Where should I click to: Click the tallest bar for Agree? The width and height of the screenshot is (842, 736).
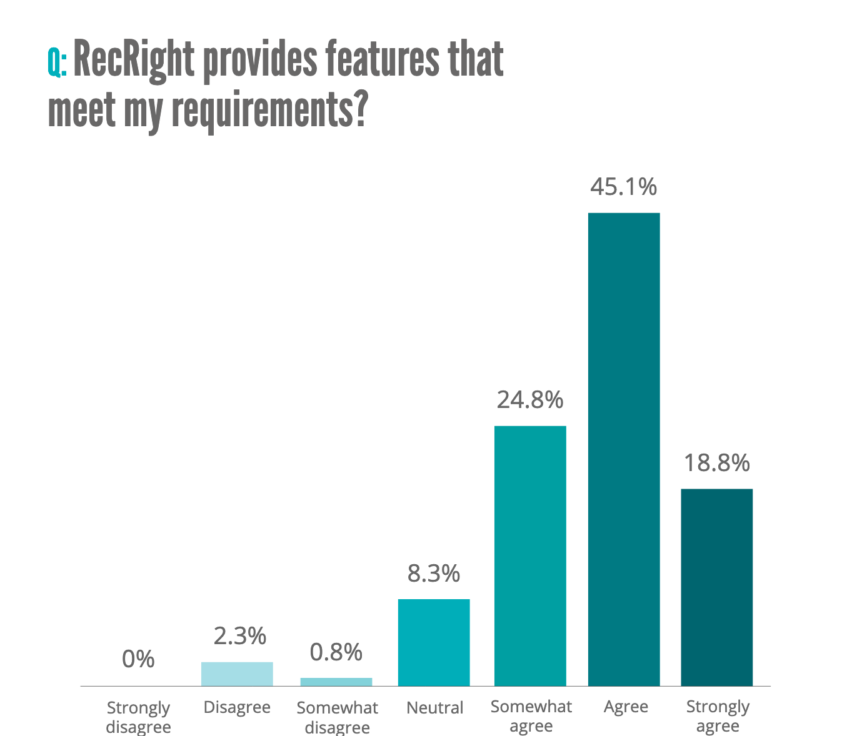(x=624, y=449)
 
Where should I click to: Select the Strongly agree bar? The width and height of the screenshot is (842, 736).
(x=716, y=587)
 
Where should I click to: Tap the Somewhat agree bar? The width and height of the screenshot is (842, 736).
(x=530, y=555)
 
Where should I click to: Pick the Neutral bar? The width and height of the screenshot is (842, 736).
(x=434, y=642)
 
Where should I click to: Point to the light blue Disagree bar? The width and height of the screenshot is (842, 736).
(x=237, y=674)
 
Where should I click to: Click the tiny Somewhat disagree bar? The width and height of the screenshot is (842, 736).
(x=336, y=682)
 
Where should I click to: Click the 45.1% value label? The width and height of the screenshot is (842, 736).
(x=624, y=186)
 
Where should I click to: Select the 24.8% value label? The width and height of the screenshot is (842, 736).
(x=530, y=399)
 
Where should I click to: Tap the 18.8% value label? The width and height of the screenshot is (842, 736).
(x=716, y=463)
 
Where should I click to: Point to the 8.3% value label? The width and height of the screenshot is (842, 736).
(x=434, y=573)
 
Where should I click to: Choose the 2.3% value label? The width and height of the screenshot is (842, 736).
(x=239, y=636)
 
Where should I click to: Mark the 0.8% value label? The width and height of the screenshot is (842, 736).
(x=336, y=652)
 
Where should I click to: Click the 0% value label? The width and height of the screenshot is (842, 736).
(x=138, y=659)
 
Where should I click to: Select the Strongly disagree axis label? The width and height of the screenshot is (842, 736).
(x=138, y=717)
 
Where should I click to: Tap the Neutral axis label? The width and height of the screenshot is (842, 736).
(x=434, y=708)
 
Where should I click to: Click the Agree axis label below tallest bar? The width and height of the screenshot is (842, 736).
(x=626, y=707)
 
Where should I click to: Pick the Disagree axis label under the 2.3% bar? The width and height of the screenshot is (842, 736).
(x=237, y=707)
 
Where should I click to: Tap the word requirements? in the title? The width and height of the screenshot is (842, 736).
(x=268, y=110)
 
